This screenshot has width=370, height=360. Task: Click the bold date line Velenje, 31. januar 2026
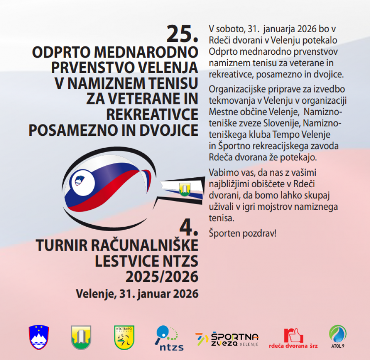tap(137, 294)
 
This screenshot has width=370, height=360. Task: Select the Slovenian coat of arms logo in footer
tap(39, 337)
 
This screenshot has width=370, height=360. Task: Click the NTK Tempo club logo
tap(124, 337)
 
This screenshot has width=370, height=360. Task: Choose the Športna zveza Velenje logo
tap(227, 339)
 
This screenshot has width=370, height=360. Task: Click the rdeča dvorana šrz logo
tap(293, 338)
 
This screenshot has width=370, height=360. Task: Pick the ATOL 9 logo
tap(338, 337)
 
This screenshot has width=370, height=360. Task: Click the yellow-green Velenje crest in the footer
tap(81, 337)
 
